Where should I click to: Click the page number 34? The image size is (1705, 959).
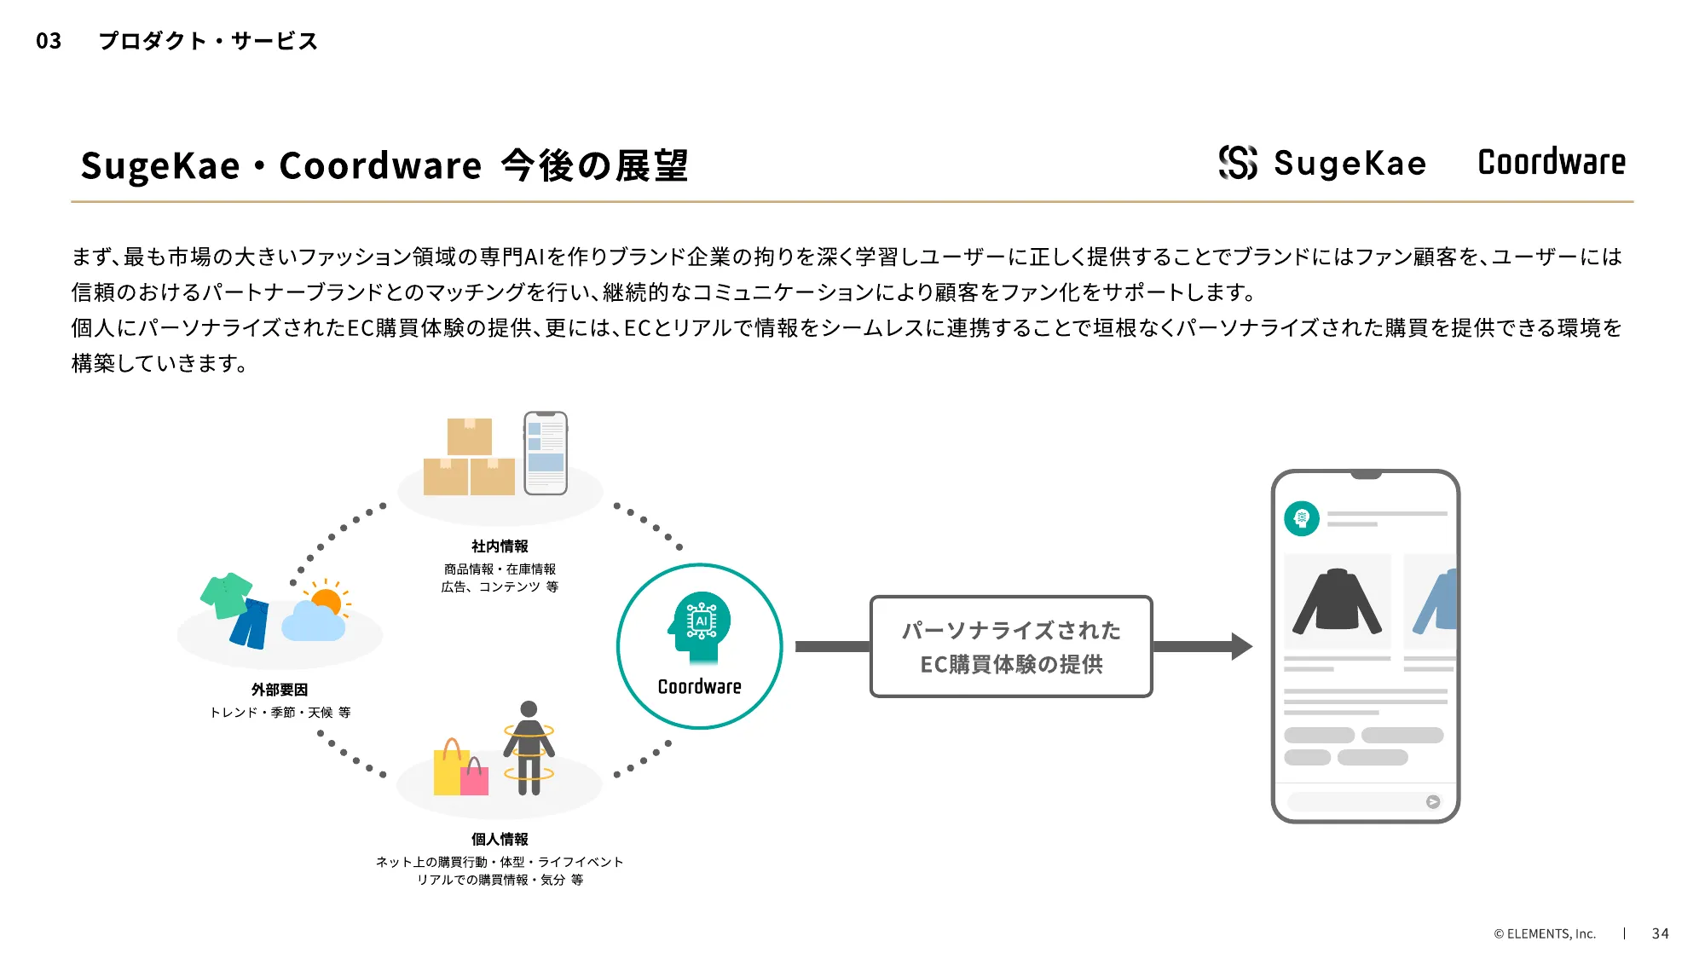pyautogui.click(x=1660, y=933)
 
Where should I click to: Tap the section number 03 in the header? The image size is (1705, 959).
pyautogui.click(x=49, y=41)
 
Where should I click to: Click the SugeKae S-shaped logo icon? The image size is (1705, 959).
pyautogui.click(x=1238, y=162)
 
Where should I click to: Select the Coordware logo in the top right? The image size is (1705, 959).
pyautogui.click(x=1552, y=162)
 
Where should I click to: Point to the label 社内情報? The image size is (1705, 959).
pyautogui.click(x=500, y=546)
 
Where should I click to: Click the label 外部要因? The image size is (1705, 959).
pyautogui.click(x=280, y=690)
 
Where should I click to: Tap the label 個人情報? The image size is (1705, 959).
pyautogui.click(x=500, y=840)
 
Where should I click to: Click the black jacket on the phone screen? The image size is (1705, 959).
pyautogui.click(x=1337, y=602)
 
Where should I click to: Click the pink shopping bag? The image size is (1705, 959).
pyautogui.click(x=475, y=777)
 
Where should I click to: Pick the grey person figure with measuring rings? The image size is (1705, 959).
pyautogui.click(x=529, y=748)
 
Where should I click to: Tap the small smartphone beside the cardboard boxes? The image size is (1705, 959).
pyautogui.click(x=546, y=453)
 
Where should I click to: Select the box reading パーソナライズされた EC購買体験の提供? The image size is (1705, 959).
pyautogui.click(x=1011, y=646)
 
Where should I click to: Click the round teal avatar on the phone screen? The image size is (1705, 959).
pyautogui.click(x=1302, y=518)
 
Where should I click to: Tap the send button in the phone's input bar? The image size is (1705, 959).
pyautogui.click(x=1433, y=801)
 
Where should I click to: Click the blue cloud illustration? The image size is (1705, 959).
pyautogui.click(x=313, y=623)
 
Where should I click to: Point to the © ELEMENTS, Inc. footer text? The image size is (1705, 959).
pyautogui.click(x=1544, y=933)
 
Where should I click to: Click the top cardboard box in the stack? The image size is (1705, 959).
pyautogui.click(x=470, y=436)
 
